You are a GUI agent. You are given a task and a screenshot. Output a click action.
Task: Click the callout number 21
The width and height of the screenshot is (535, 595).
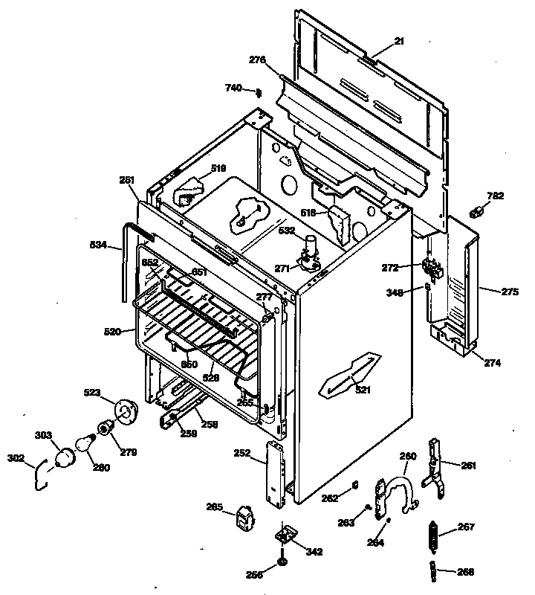pyautogui.click(x=399, y=41)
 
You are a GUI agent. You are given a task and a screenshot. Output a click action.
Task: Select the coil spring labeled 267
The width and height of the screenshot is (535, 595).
pyautogui.click(x=431, y=533)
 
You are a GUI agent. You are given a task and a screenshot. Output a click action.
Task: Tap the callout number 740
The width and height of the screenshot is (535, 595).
pyautogui.click(x=233, y=88)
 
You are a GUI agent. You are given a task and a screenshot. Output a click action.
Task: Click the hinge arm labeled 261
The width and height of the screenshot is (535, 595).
pyautogui.click(x=436, y=469)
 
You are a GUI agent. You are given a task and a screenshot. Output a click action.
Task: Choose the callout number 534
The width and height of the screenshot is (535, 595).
pyautogui.click(x=99, y=245)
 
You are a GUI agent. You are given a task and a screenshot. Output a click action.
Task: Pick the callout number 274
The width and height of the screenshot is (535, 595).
pyautogui.click(x=493, y=363)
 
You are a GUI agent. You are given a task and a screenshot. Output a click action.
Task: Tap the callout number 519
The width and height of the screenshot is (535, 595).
pyautogui.click(x=218, y=168)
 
